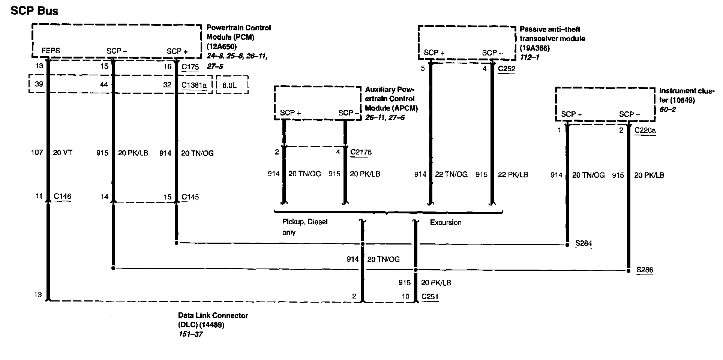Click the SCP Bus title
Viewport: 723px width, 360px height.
[x=34, y=11]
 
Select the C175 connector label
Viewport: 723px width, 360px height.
[x=190, y=67]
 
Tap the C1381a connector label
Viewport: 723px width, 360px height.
[x=194, y=85]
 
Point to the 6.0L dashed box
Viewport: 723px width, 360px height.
[x=232, y=85]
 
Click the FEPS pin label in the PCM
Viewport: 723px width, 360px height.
[x=51, y=51]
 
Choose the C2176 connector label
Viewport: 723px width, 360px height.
[x=361, y=152]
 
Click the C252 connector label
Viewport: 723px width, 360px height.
[x=506, y=69]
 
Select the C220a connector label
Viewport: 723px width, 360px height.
[x=645, y=130]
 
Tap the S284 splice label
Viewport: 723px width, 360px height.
[x=583, y=243]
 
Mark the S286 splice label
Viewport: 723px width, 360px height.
[x=645, y=270]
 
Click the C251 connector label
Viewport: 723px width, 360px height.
[x=430, y=297]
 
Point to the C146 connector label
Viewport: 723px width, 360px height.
[x=62, y=196]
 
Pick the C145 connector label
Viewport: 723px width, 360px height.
[x=190, y=197]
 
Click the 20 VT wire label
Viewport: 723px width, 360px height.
[x=63, y=153]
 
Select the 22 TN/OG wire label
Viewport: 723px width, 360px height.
[x=451, y=174]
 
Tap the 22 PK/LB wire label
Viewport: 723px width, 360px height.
[x=513, y=174]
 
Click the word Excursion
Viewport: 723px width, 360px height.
[x=445, y=222]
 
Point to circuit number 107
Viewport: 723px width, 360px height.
[x=37, y=153]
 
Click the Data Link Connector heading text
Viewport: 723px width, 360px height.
[x=213, y=315]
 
